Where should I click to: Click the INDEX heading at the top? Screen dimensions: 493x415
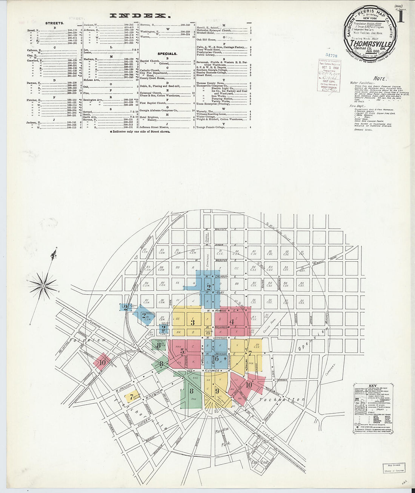138,15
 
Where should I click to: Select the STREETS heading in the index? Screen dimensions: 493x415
54,23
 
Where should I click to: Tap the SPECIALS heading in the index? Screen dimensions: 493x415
168,54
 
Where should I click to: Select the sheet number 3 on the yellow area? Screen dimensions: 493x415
193,322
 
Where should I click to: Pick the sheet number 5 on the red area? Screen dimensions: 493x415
183,351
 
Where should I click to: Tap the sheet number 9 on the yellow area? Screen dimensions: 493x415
217,391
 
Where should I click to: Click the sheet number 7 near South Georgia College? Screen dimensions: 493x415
131,397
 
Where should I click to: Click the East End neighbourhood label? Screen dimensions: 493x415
260,462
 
